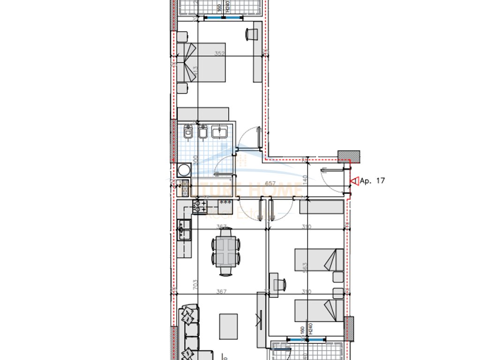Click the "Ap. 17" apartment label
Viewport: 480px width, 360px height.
[x=372, y=180]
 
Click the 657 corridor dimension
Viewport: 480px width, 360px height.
[x=270, y=184]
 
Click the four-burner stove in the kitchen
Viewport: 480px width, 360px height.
[x=200, y=205]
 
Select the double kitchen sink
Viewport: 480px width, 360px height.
[x=184, y=230]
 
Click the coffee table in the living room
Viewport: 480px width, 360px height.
[x=228, y=326]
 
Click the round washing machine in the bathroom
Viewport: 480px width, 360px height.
[x=183, y=169]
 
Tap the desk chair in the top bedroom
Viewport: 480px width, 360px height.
[x=251, y=34]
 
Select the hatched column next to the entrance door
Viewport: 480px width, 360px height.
[x=349, y=157]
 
